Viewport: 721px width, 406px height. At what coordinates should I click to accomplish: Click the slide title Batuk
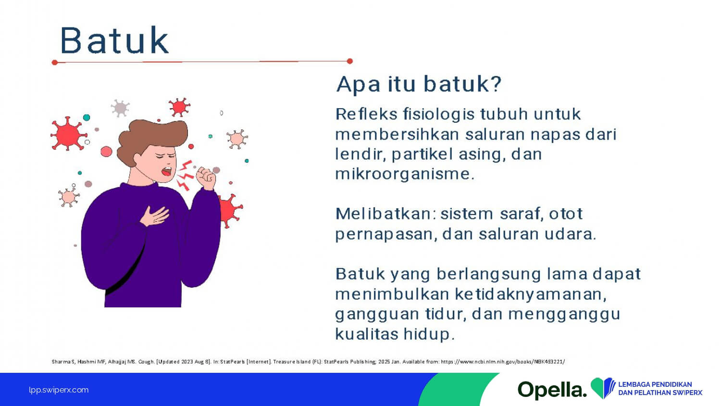coord(114,40)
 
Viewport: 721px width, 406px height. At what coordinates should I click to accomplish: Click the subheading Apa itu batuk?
coord(419,84)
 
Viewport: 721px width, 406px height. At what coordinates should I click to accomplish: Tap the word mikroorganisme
coord(405,174)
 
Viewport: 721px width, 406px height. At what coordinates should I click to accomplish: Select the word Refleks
coord(366,114)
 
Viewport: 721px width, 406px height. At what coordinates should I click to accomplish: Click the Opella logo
coord(552,390)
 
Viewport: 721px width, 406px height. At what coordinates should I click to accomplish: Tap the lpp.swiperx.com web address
coord(59,390)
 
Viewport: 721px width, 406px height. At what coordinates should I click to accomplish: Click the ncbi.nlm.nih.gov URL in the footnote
coord(503,362)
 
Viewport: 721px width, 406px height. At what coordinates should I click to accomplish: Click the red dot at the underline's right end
coord(350,61)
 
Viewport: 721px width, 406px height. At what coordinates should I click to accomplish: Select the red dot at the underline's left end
coord(55,62)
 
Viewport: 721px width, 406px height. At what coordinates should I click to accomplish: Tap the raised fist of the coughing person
coord(206,178)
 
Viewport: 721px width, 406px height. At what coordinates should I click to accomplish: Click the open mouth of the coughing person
coord(167,171)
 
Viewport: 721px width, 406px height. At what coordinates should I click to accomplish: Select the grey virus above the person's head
coord(120,108)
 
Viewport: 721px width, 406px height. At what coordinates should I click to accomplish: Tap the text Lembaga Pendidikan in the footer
coord(655,384)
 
